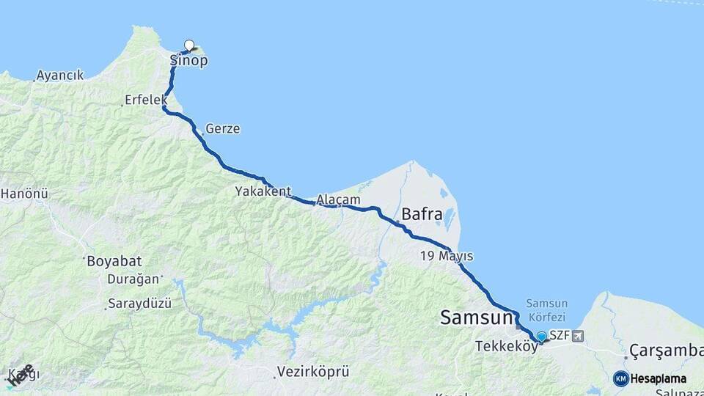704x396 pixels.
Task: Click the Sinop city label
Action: [188, 61]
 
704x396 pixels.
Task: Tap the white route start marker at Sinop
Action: [189, 45]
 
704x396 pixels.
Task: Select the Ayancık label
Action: [62, 75]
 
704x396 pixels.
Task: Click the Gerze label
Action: [223, 129]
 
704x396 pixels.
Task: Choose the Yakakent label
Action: [263, 191]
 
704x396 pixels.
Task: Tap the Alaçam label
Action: [339, 199]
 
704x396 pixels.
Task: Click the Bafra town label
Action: [422, 216]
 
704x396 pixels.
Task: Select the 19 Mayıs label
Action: [447, 257]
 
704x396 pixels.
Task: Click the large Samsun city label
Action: [476, 318]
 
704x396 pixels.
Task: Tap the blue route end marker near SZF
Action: [541, 337]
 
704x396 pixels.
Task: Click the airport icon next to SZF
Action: [579, 336]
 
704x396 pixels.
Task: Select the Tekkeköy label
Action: [507, 346]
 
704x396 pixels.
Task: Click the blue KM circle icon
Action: [621, 378]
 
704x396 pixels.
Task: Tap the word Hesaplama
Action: [659, 378]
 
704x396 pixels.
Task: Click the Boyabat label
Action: [114, 261]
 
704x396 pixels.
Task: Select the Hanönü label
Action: [24, 194]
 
